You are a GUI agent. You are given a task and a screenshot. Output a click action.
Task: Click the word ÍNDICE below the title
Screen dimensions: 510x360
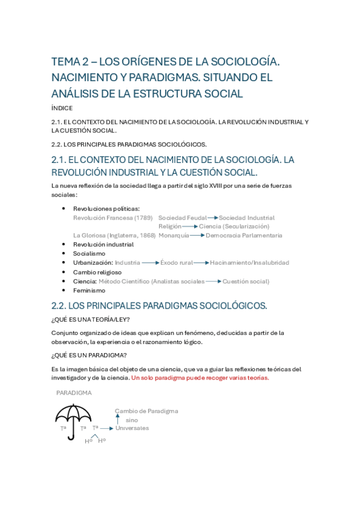point(62,108)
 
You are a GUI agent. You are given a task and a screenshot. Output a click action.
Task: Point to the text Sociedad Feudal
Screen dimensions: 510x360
point(182,218)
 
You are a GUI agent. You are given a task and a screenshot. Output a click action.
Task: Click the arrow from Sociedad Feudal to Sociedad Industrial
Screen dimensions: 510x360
point(212,218)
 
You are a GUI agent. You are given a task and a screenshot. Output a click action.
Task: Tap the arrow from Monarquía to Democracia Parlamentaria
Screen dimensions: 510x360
point(197,236)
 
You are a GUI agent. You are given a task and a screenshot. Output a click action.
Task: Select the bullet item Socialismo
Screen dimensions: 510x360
point(89,254)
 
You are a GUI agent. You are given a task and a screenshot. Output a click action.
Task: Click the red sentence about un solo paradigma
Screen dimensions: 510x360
point(200,378)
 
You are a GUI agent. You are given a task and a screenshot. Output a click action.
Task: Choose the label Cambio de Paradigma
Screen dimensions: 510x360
point(147,411)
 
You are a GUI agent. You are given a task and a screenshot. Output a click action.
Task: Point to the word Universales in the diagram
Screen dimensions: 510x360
point(132,428)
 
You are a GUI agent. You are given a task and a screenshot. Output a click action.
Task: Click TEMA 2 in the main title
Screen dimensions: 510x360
point(69,61)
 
